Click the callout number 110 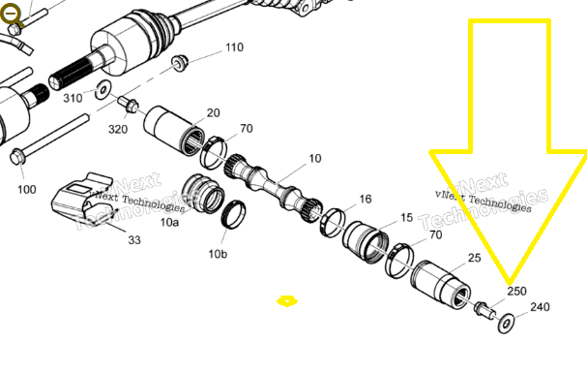[x=234, y=47]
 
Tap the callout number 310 [x=73, y=98]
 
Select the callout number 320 [x=118, y=130]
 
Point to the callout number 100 [x=27, y=190]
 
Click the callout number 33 [x=134, y=239]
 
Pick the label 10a [x=169, y=223]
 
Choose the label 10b [x=218, y=254]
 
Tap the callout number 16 [x=366, y=200]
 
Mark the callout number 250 [x=517, y=291]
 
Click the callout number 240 [x=541, y=307]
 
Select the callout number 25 [x=474, y=258]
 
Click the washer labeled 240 [x=506, y=323]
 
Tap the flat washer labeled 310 [x=103, y=90]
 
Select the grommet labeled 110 [x=180, y=63]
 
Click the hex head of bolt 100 [x=17, y=157]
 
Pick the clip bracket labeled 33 [x=83, y=200]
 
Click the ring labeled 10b [x=234, y=214]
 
